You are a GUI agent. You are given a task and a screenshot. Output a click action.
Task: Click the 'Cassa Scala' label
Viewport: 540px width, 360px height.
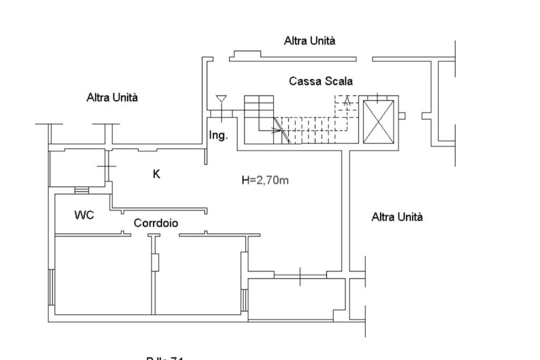[x=321, y=81]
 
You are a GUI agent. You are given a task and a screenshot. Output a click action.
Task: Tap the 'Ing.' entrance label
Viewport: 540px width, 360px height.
[x=218, y=135]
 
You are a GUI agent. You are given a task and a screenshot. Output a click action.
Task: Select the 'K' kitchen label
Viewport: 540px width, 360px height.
[x=157, y=173]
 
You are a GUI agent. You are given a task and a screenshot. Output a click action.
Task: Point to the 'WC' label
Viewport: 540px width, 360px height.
[x=84, y=215]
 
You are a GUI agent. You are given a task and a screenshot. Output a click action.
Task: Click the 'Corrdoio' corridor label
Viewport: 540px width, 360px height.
[x=156, y=223]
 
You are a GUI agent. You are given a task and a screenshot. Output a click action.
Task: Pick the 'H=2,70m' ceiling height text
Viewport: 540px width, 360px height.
[x=265, y=180]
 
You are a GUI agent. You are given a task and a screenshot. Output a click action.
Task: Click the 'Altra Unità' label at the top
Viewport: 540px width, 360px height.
[x=310, y=41]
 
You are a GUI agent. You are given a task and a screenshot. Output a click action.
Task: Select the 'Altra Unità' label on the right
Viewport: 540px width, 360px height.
[x=397, y=217]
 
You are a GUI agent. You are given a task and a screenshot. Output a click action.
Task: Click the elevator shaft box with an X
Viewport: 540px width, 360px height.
[x=379, y=121]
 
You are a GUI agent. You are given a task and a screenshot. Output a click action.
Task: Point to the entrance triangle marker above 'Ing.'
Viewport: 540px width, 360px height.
[x=221, y=99]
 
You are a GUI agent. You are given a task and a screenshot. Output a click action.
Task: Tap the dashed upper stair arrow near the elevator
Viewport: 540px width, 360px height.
[x=346, y=101]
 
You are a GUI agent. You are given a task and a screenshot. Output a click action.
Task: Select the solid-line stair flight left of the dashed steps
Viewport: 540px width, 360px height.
[x=259, y=112]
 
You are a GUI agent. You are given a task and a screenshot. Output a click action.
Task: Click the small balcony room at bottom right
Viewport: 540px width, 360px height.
[x=296, y=299]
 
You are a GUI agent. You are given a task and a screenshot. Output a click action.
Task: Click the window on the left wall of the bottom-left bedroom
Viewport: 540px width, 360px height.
[x=51, y=287]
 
